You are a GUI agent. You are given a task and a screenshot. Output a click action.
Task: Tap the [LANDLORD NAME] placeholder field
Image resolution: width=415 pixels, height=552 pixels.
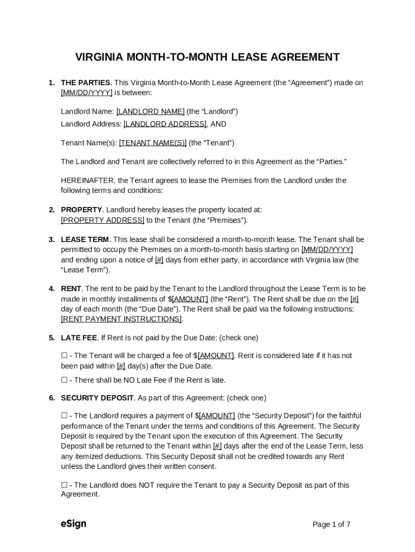pos(150,112)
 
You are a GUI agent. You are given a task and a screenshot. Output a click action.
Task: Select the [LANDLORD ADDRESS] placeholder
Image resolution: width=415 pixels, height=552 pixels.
pos(165,124)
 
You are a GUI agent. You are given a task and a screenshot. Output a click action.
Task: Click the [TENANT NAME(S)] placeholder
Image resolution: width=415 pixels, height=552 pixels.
pos(153,143)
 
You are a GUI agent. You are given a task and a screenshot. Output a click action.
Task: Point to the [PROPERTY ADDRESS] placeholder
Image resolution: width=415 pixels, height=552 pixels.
pos(102,220)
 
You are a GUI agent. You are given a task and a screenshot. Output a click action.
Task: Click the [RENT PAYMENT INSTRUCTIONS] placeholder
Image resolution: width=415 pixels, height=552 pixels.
pos(121,319)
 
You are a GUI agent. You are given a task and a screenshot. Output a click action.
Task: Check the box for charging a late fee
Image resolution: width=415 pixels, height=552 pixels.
pos(64,356)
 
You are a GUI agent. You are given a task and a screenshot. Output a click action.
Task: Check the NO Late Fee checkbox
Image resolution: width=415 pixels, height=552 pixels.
pos(64,380)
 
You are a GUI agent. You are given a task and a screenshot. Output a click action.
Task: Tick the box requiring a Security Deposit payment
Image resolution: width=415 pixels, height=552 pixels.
pos(64,416)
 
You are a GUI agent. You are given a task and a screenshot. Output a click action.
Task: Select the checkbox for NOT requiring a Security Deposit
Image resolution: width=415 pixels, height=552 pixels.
pos(64,485)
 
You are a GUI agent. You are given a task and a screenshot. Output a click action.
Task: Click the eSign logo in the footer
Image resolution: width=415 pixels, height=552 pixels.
pos(73,524)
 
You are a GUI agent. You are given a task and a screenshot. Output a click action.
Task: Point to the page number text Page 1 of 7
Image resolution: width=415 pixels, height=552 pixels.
pos(331,525)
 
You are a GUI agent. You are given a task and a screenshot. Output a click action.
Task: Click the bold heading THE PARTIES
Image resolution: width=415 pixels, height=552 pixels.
pos(85,83)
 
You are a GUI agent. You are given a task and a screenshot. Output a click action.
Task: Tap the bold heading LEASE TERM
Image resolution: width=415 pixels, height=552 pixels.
pos(85,239)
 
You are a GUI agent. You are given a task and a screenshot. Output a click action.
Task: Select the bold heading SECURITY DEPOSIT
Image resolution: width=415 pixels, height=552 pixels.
pos(97,398)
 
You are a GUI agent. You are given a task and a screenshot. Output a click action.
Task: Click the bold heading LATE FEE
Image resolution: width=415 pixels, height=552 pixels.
pos(79,338)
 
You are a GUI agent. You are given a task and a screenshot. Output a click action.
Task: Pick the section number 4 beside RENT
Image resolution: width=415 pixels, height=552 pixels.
pos(52,289)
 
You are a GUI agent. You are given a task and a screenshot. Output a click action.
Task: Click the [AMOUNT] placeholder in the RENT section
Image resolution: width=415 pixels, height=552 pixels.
pos(190,299)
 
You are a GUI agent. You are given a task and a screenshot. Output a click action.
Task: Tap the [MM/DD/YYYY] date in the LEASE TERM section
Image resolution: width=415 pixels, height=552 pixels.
pos(327,250)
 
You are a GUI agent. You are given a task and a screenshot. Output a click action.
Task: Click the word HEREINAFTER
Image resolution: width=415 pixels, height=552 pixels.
pos(87,181)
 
